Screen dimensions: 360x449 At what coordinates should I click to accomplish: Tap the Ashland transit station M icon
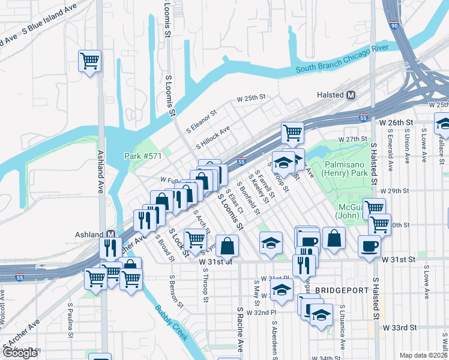click(x=111, y=233)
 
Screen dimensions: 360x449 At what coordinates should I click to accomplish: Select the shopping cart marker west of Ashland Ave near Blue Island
click(x=89, y=61)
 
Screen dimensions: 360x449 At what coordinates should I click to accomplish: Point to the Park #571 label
click(x=142, y=156)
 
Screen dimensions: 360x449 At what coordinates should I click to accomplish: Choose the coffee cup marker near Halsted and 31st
click(x=369, y=245)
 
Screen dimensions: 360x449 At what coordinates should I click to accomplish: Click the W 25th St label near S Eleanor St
click(x=250, y=97)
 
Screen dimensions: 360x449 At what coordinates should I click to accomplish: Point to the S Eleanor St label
click(x=201, y=121)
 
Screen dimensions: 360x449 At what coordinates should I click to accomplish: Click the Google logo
click(x=20, y=353)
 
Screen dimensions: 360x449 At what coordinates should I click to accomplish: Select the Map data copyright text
click(x=424, y=355)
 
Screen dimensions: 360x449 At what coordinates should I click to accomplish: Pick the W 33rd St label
click(x=401, y=328)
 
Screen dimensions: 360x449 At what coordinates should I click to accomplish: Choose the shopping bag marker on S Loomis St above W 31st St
click(x=228, y=245)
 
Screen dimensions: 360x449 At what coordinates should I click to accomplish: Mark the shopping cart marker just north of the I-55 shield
click(x=292, y=133)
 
